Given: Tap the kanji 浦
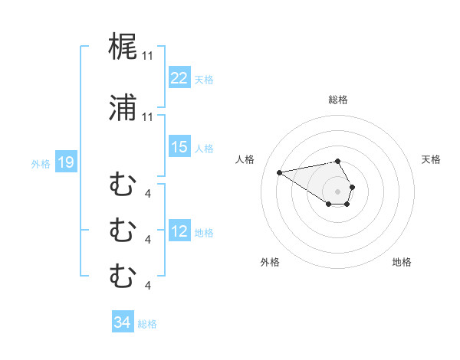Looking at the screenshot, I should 123,109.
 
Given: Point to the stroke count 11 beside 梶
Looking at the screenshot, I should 147,56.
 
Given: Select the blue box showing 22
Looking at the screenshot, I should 179,78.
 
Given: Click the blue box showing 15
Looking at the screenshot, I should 179,147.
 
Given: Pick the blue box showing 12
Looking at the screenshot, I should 179,231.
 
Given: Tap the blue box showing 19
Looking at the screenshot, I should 65,162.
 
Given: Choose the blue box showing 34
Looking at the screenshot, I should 122,322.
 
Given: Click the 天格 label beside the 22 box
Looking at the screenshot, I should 203,79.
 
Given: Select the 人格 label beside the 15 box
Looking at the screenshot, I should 203,148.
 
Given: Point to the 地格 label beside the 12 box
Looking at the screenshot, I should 203,232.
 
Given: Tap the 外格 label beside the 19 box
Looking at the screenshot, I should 41,163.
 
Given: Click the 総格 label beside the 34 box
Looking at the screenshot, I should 147,323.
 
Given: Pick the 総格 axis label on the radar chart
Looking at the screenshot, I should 338,100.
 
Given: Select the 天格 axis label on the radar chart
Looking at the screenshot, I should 432,159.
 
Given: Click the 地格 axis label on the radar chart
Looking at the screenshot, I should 402,262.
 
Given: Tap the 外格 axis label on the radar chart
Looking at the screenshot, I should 270,262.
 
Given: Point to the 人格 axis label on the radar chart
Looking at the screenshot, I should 245,159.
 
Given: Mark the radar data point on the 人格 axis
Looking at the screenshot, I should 280,172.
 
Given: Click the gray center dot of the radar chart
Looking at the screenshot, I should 338,191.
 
